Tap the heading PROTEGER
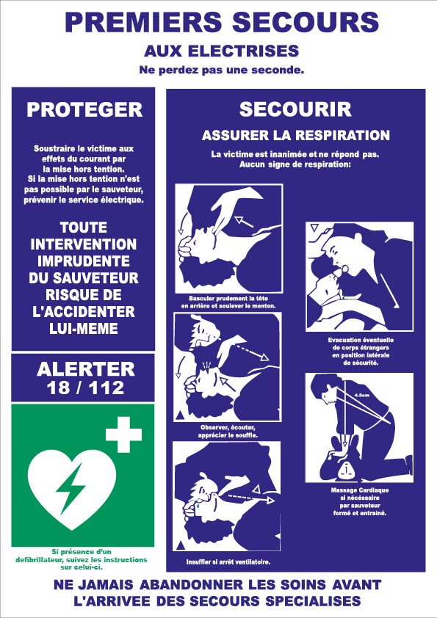tap(84, 109)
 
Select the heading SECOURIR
tap(295, 109)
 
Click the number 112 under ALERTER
tap(106, 388)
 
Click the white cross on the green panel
tap(123, 435)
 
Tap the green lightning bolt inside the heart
tap(71, 488)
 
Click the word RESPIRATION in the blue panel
tap(342, 135)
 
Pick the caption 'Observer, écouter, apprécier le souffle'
tap(228, 431)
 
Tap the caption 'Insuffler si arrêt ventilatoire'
tap(228, 562)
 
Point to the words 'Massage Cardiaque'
tap(360, 490)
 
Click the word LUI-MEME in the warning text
tap(84, 328)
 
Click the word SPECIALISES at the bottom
tap(313, 600)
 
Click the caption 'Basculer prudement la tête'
tap(228, 299)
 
